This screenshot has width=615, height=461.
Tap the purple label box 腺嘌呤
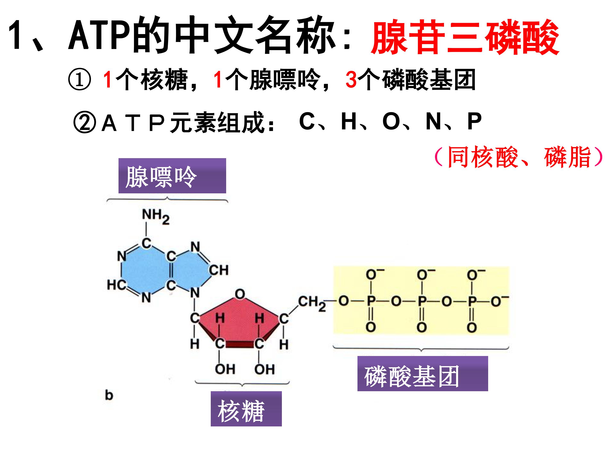[x=172, y=176]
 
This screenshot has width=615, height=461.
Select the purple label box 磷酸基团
[x=423, y=373]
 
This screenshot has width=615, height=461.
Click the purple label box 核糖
[x=246, y=409]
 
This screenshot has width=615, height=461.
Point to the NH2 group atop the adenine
[x=156, y=216]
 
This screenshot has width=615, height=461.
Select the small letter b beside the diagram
[x=109, y=395]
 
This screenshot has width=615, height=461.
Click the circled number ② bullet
[x=85, y=122]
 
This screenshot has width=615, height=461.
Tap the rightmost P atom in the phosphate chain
[x=472, y=301]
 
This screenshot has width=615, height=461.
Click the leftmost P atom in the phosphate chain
[x=371, y=301]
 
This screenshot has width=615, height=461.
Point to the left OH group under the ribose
[x=225, y=369]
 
